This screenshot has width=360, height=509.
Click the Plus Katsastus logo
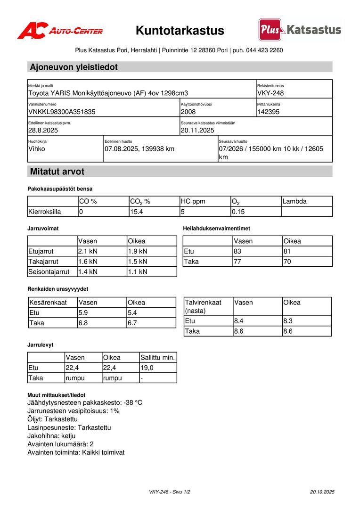[300, 30]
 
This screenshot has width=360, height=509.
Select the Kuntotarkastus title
[180, 31]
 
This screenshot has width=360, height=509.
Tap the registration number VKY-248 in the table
[270, 93]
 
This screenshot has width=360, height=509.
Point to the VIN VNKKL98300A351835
[62, 112]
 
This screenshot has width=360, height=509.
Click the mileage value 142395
[269, 112]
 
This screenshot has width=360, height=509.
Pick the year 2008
[188, 112]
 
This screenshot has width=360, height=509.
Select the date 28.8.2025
[43, 131]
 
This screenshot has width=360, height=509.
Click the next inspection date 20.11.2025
[197, 131]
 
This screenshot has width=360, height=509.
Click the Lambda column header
[295, 201]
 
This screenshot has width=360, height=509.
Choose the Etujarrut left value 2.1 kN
[88, 251]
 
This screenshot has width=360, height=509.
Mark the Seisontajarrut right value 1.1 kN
[138, 272]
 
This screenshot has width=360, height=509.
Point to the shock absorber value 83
[237, 251]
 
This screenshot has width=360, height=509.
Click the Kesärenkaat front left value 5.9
[83, 312]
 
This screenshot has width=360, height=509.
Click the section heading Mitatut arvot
[57, 172]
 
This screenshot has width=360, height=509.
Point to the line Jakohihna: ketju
[51, 436]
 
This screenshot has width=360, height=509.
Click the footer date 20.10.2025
[322, 492]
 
